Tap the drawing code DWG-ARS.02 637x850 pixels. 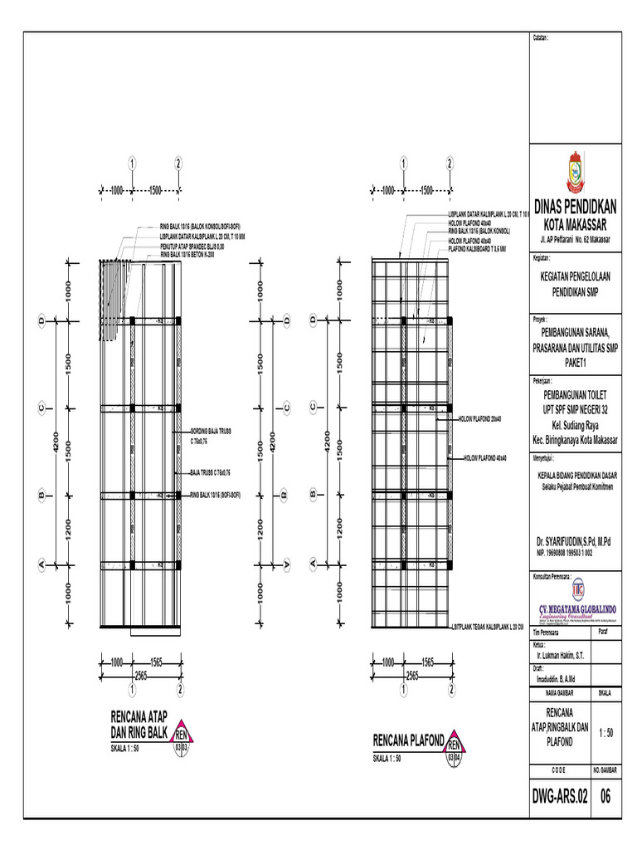pyautogui.click(x=560, y=797)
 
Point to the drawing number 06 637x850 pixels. pyautogui.click(x=605, y=797)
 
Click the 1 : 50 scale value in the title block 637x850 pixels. pyautogui.click(x=605, y=732)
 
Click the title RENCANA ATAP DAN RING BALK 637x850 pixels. pyautogui.click(x=139, y=723)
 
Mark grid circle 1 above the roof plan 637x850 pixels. pyautogui.click(x=132, y=163)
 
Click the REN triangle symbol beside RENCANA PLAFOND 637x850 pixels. pyautogui.click(x=454, y=740)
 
